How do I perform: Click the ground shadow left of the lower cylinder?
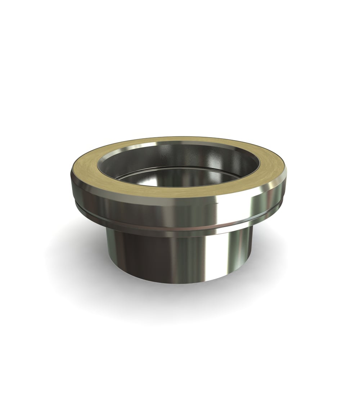pyautogui.click(x=79, y=259)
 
